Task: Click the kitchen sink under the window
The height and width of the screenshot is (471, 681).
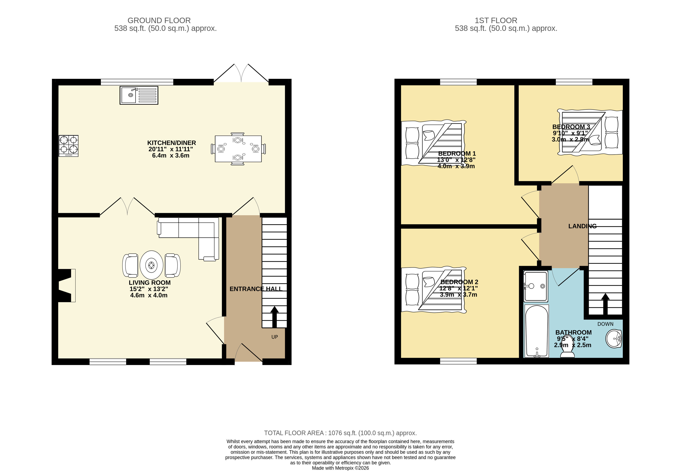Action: tap(139, 95)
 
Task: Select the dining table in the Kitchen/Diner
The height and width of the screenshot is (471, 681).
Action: tap(238, 149)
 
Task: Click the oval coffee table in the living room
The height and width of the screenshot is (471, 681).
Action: tap(151, 265)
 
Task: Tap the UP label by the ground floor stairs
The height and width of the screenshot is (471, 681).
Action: tap(274, 337)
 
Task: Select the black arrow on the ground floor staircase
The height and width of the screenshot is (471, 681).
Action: tap(274, 317)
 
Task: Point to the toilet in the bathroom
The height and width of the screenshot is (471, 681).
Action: tap(567, 351)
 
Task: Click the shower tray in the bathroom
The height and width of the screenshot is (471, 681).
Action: tap(536, 286)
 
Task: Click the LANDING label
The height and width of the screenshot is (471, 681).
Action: tap(582, 226)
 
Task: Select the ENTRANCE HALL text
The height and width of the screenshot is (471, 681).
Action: tap(256, 289)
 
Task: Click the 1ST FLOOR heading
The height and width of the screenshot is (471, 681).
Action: tap(496, 20)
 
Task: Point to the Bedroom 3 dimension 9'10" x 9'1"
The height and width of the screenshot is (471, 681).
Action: tap(570, 133)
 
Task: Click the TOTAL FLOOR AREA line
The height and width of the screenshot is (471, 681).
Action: tap(340, 433)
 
